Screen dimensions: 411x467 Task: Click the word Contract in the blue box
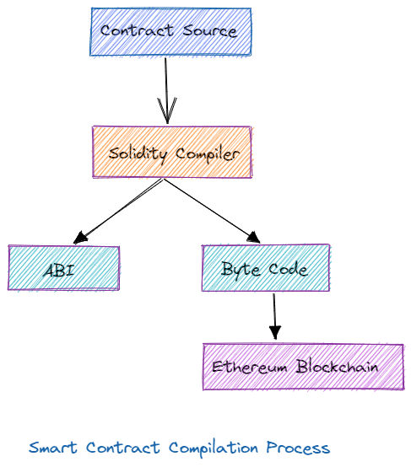(137, 30)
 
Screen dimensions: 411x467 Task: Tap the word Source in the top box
(210, 30)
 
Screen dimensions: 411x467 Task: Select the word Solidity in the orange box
(138, 154)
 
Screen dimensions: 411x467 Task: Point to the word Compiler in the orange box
(208, 154)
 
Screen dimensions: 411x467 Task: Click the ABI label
(59, 271)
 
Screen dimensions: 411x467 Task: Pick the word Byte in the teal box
(241, 269)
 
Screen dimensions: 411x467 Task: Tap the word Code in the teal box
(288, 269)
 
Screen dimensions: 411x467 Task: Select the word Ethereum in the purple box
(249, 367)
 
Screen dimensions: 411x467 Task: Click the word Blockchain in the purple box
(337, 366)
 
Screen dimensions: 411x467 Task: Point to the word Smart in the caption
(53, 448)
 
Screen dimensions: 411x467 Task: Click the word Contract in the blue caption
(123, 448)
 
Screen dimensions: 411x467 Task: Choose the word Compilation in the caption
(214, 448)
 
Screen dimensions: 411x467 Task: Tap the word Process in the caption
(298, 448)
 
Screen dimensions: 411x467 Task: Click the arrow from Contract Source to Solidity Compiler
(166, 91)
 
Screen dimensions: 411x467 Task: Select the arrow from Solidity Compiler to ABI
(118, 212)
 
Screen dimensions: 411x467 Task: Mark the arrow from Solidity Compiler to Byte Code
(212, 211)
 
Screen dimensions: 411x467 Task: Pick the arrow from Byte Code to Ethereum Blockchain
(274, 316)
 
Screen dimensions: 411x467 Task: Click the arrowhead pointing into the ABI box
(80, 238)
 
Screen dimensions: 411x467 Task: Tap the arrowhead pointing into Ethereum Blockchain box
(275, 332)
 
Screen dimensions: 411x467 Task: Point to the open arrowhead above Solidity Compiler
(167, 110)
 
